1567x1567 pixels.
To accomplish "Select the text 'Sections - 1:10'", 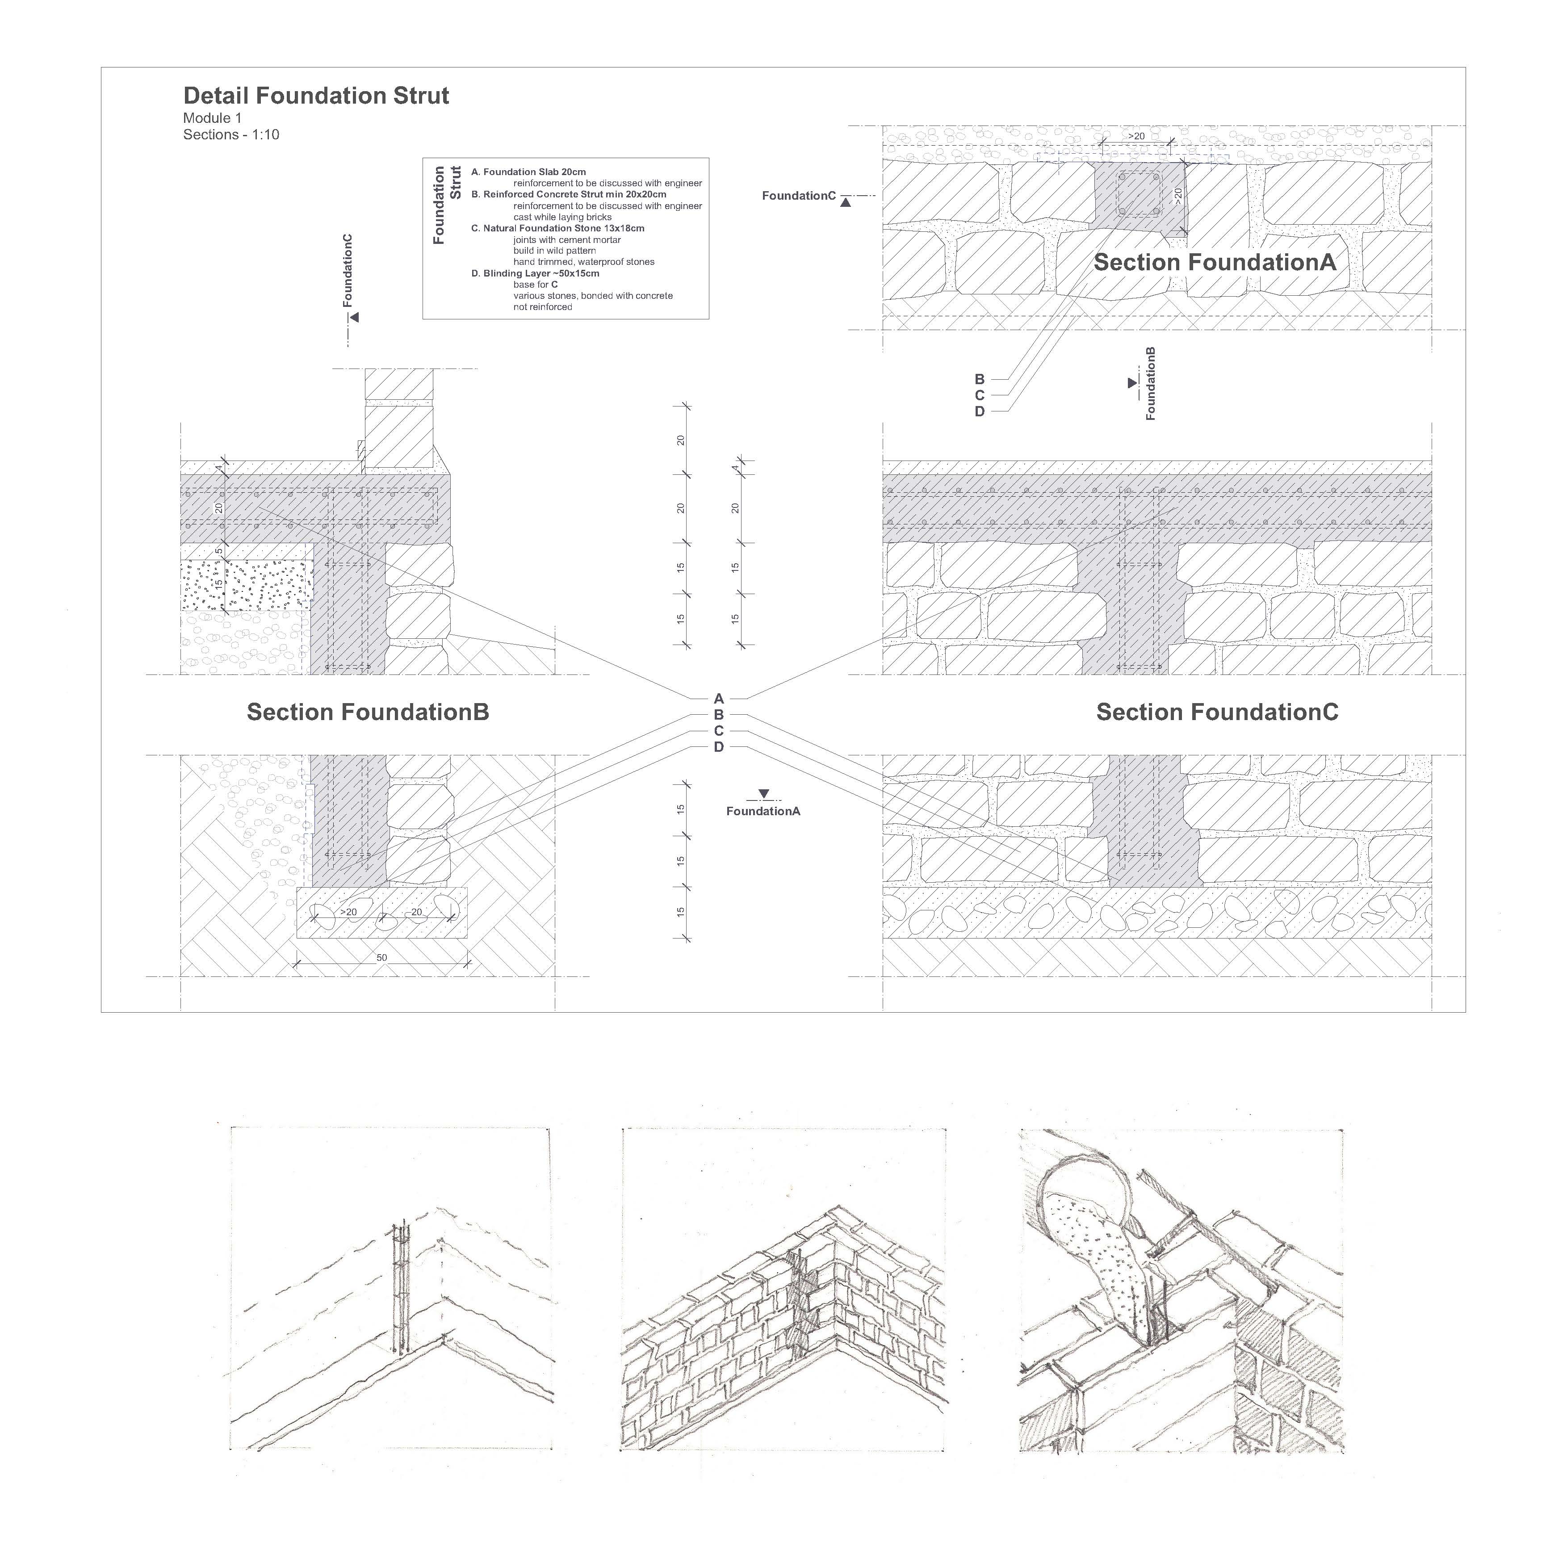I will click(231, 134).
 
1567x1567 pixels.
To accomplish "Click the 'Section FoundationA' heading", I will click(1214, 262).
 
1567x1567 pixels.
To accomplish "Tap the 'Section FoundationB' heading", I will click(368, 712).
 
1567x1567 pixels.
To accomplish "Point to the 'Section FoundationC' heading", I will click(1217, 712).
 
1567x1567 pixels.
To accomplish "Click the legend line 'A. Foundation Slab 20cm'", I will click(529, 172).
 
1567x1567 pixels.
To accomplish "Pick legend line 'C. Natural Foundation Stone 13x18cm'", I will click(558, 228).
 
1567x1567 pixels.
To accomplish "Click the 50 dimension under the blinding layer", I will click(382, 958).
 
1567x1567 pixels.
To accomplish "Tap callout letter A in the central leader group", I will click(719, 698).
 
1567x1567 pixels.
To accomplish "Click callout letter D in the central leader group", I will click(719, 747).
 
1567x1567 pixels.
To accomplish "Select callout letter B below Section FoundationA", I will click(979, 379).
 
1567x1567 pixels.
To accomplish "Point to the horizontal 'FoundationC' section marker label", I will click(798, 196).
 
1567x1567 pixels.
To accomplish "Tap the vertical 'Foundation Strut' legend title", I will click(447, 205).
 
